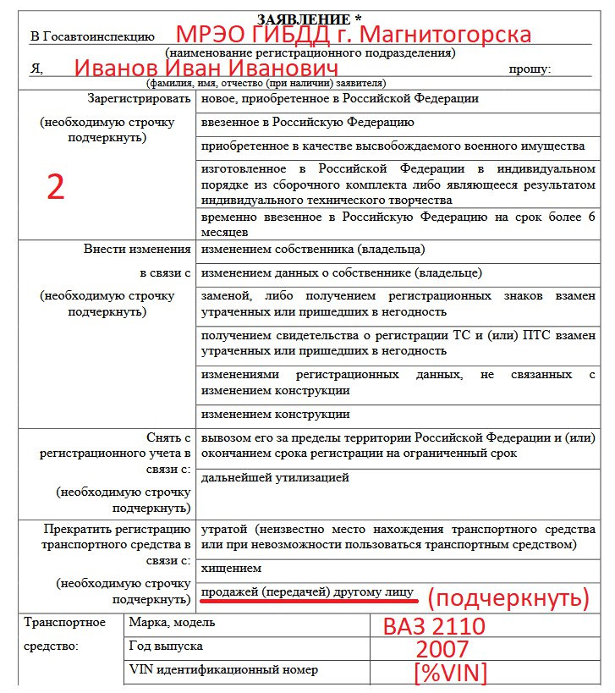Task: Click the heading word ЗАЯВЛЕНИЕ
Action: click(x=303, y=19)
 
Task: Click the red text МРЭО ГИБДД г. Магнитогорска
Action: click(x=353, y=36)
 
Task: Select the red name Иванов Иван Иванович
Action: click(x=207, y=69)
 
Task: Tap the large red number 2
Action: click(x=55, y=187)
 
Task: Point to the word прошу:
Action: click(x=530, y=69)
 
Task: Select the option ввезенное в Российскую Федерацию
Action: click(x=307, y=123)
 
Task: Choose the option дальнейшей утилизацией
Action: click(x=275, y=478)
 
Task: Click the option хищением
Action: click(x=231, y=568)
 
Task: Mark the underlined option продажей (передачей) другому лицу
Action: click(x=309, y=591)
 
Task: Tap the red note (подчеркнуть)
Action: click(x=508, y=599)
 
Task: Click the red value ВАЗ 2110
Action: click(x=434, y=627)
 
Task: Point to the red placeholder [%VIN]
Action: click(x=451, y=674)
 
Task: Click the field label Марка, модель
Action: click(x=172, y=623)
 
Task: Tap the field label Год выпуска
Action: click(x=166, y=646)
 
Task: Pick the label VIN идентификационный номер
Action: click(x=223, y=669)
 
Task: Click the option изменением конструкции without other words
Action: click(x=275, y=415)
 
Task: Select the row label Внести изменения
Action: click(x=137, y=250)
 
